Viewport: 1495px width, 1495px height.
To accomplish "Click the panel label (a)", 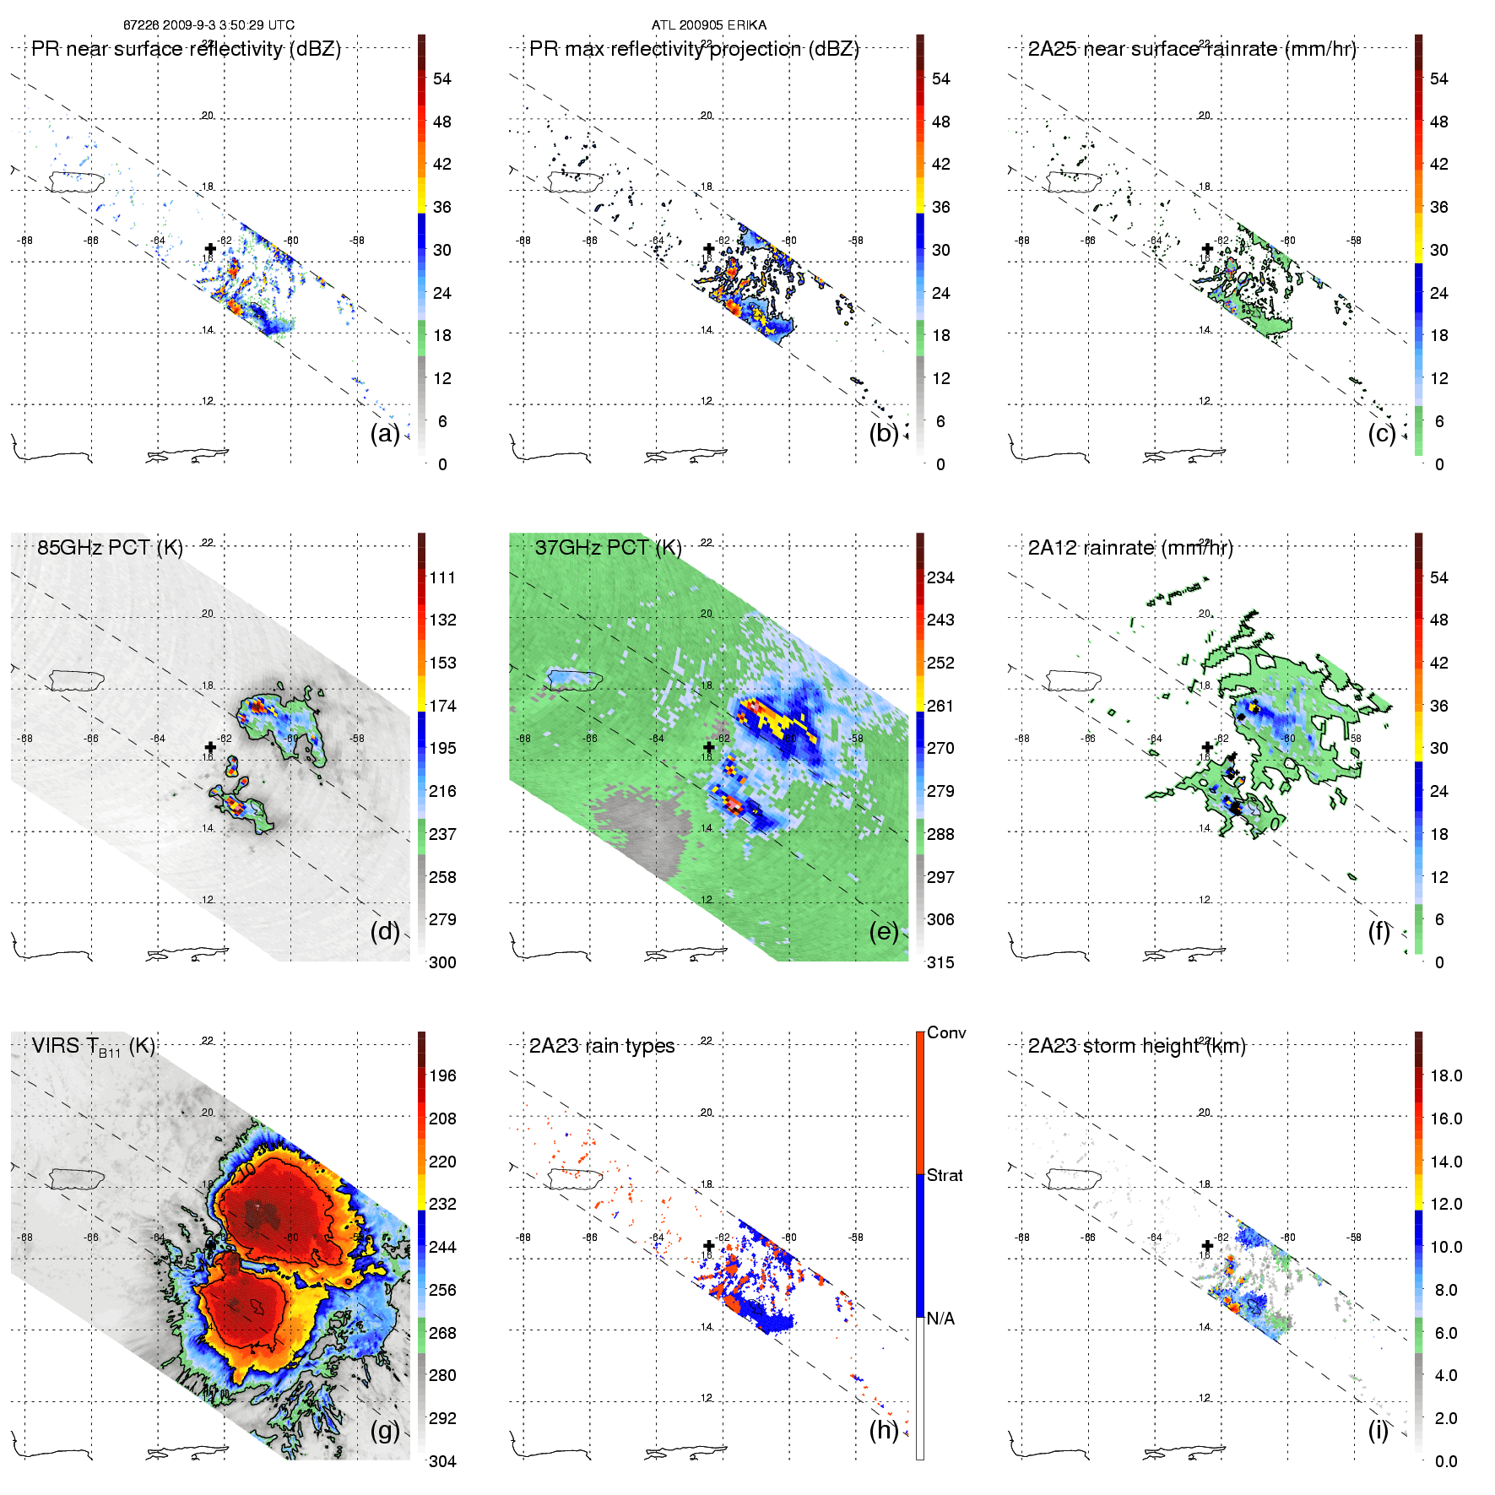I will (x=384, y=434).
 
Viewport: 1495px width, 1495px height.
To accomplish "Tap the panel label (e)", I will (x=883, y=932).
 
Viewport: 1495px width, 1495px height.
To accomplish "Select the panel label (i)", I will (x=1378, y=1430).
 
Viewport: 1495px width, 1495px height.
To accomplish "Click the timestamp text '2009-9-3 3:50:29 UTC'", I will (x=228, y=25).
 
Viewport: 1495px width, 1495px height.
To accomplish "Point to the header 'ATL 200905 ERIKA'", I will (x=709, y=25).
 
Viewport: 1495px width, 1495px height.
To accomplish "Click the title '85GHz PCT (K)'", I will (x=110, y=548).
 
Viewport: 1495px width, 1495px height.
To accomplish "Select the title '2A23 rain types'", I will (x=602, y=1046).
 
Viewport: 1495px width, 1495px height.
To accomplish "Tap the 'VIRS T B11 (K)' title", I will (x=93, y=1047).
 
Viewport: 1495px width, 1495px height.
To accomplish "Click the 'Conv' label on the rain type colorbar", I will (x=946, y=1032).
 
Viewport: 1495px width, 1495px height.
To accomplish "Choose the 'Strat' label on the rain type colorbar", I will (x=945, y=1175).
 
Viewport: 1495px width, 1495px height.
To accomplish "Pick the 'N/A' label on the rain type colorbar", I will (x=940, y=1319).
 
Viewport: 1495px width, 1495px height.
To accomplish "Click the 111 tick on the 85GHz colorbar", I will (x=442, y=577).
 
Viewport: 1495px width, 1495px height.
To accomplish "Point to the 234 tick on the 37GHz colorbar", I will (x=940, y=577).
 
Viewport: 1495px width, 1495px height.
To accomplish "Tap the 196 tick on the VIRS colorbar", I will (x=442, y=1075).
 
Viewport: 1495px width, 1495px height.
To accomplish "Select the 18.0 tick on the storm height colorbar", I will (x=1446, y=1075).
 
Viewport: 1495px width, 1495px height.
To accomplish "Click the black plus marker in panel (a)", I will (x=210, y=249).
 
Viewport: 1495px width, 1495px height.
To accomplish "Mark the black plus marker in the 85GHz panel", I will (x=210, y=747).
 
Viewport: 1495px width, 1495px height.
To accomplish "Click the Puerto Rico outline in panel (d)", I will (x=77, y=680).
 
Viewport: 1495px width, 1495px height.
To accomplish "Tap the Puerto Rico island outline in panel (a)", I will (x=77, y=181).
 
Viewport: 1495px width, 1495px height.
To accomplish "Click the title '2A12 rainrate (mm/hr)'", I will (x=1130, y=548).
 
